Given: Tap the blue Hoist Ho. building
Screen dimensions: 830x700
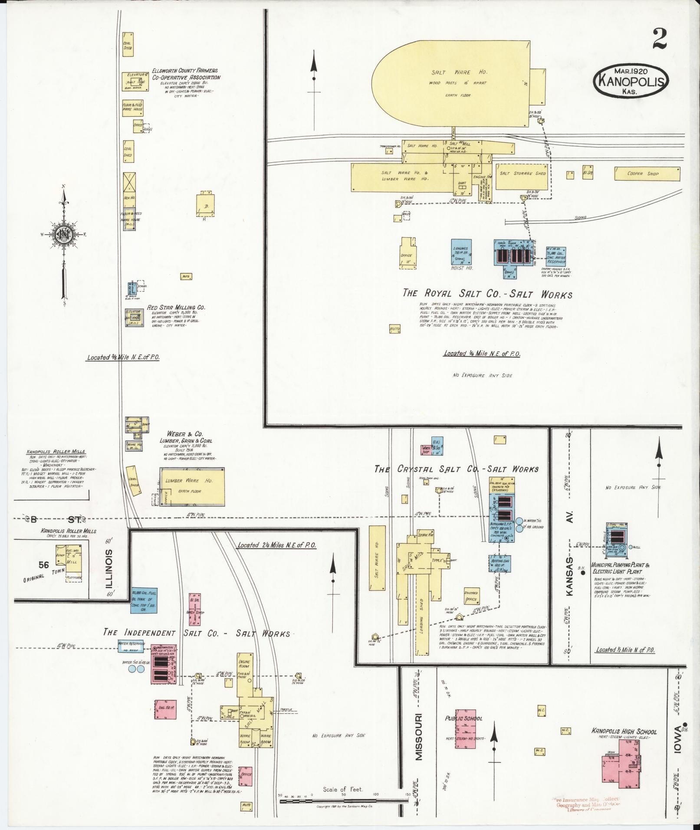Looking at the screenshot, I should click(x=462, y=252).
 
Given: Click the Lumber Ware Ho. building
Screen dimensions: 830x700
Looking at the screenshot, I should click(x=192, y=486).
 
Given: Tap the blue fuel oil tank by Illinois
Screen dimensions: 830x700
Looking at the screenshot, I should click(x=144, y=600).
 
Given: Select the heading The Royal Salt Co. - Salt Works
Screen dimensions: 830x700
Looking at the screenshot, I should click(x=487, y=294).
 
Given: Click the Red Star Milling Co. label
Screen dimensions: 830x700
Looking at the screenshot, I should click(x=176, y=307).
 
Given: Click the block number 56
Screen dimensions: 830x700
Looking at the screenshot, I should click(x=43, y=564).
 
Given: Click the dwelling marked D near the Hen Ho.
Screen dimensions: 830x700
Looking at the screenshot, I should click(x=205, y=203).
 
